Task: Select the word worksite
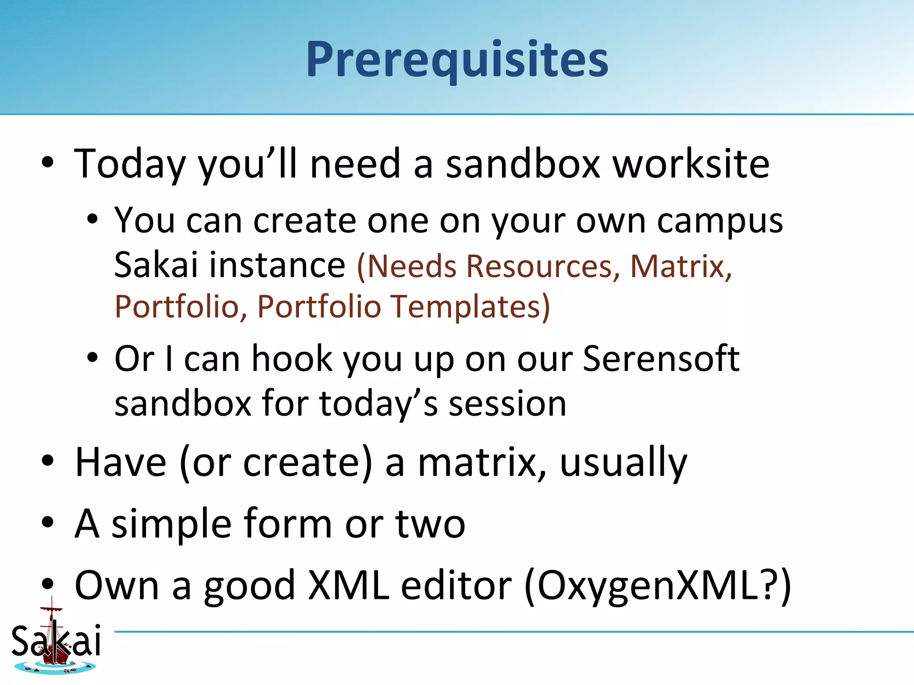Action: tap(691, 164)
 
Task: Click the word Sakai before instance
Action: tap(156, 265)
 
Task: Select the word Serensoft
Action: tap(661, 359)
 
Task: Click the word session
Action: tap(507, 404)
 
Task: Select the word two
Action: tap(430, 524)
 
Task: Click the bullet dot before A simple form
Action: tap(48, 523)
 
